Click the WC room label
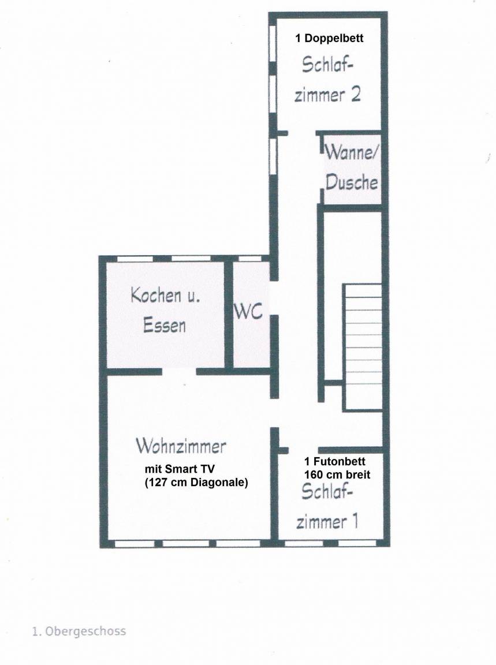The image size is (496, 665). pos(249,312)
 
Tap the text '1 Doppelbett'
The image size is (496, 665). pos(329,38)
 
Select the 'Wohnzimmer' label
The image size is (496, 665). pos(181,446)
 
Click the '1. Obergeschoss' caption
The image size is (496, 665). pos(79,631)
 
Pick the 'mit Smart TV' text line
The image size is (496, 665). pos(180,469)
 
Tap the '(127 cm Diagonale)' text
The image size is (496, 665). pos(196,483)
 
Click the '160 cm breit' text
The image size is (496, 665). pos(337,475)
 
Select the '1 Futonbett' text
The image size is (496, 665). pos(335,461)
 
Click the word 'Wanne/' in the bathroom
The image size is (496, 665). pos(350,152)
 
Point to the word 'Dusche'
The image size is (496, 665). pos(351,182)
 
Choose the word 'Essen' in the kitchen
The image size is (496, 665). pos(165,326)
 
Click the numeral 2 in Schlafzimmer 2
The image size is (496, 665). pos(355,94)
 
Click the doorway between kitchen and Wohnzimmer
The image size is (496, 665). pos(179,372)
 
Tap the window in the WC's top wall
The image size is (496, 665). pos(250,258)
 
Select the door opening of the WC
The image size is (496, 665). pos(274,298)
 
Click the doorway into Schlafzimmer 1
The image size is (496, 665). pos(303,450)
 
